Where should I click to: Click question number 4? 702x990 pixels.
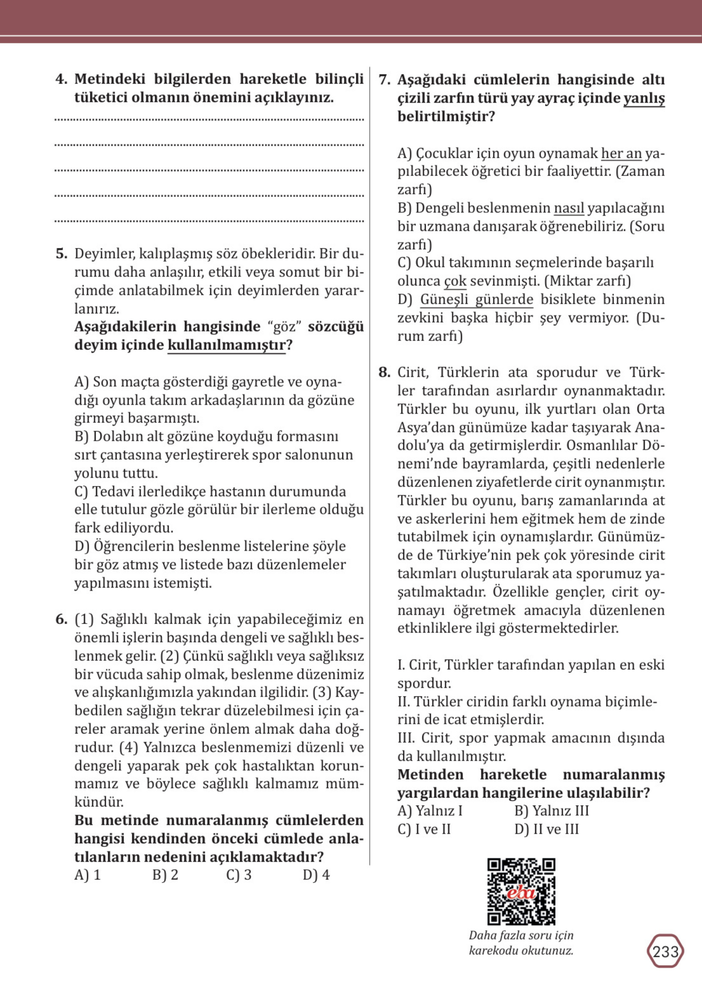tap(61, 80)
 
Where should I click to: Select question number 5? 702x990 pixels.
tap(61, 254)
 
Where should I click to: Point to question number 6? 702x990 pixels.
tap(61, 620)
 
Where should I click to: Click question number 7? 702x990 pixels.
tap(385, 80)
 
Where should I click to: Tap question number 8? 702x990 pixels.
tap(385, 372)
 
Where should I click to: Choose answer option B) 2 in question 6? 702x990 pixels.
tap(165, 875)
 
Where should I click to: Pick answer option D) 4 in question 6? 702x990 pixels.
tap(316, 875)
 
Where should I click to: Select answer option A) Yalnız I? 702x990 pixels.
tap(429, 811)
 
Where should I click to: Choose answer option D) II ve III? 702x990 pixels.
tap(546, 829)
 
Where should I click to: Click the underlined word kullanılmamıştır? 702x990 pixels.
tap(226, 345)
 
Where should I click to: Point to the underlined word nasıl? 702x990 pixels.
tap(569, 208)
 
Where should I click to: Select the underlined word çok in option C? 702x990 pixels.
tap(455, 281)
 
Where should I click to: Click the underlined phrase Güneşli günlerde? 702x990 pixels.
tap(477, 300)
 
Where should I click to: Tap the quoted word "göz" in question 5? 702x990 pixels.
tap(284, 327)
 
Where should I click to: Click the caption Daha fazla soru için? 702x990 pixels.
tap(521, 935)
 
